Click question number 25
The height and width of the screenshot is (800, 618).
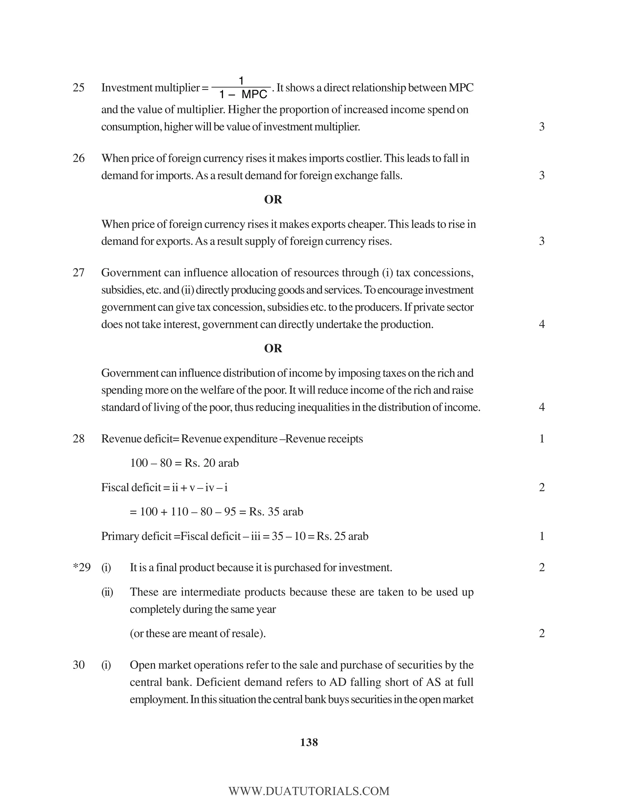tap(78, 88)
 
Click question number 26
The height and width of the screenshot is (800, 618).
tap(78, 158)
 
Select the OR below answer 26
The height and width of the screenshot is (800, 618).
tap(273, 200)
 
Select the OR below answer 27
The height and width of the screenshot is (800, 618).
tap(273, 348)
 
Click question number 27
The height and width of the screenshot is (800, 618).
tap(78, 273)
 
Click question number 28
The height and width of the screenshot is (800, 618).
tap(78, 439)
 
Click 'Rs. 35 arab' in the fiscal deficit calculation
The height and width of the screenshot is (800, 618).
tap(276, 512)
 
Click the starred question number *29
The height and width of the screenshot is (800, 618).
tap(82, 568)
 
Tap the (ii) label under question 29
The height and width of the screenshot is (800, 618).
tap(107, 592)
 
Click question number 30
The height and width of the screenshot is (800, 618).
tap(78, 665)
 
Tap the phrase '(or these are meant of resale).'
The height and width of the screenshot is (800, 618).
tap(198, 633)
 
